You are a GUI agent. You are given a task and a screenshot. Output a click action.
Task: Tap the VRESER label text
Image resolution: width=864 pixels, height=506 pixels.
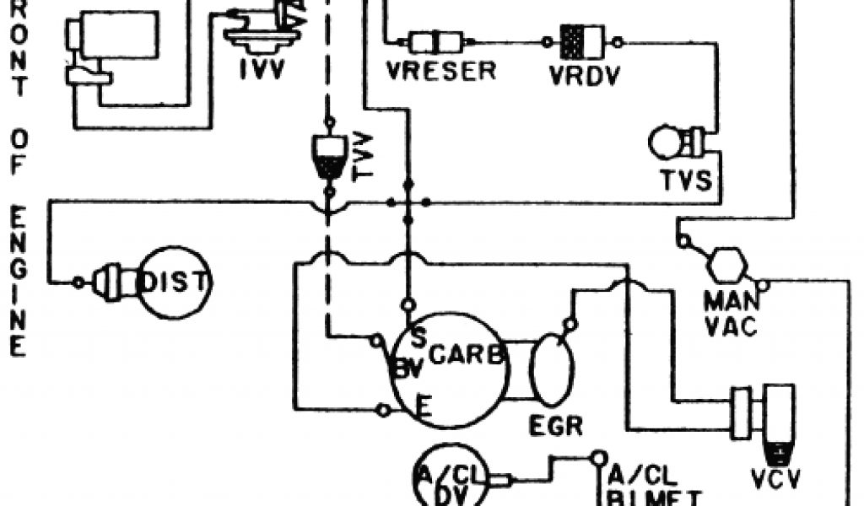point(442,71)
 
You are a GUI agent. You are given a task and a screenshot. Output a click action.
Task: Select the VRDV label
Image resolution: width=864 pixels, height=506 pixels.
point(584,74)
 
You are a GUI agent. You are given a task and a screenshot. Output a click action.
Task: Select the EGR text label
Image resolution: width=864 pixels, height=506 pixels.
point(555,425)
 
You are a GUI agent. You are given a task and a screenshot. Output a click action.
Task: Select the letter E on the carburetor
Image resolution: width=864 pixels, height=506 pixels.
point(426,409)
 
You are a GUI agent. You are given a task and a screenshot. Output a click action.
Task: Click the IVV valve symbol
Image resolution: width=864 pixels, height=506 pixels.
point(262,29)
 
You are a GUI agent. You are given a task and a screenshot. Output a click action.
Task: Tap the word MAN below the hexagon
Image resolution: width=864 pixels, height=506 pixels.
point(727,301)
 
